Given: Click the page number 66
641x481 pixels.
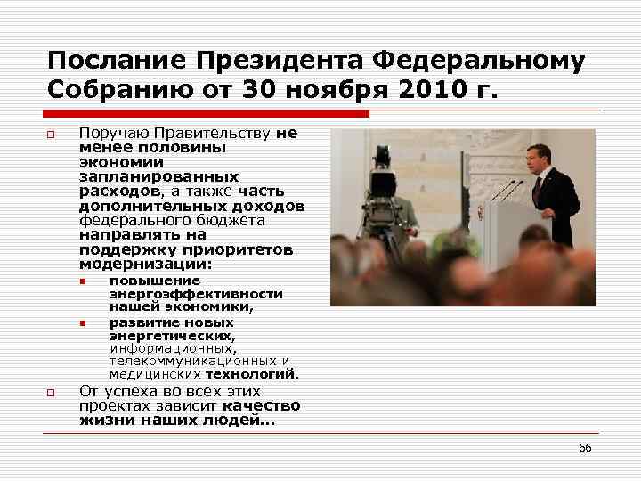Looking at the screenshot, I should [x=585, y=447].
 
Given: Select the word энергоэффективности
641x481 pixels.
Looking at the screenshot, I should [x=196, y=293].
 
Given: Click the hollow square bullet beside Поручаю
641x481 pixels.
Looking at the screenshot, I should [x=52, y=135].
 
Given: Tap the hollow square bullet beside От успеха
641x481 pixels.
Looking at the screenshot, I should [x=52, y=392].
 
